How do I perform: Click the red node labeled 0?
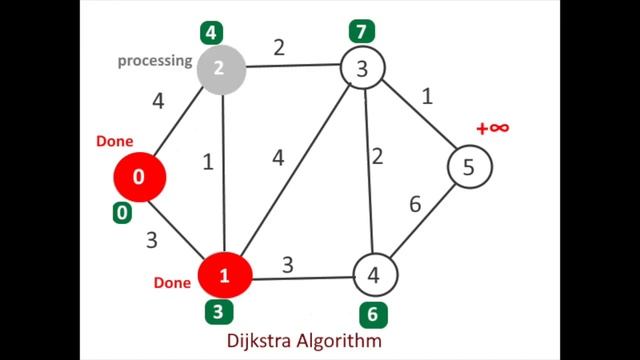coord(138,176)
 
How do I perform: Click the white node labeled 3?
coord(362,70)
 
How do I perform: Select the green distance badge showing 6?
coord(372,314)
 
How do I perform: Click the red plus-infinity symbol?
coord(493,128)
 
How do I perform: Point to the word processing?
coord(154,60)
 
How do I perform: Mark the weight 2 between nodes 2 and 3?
coord(280,45)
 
